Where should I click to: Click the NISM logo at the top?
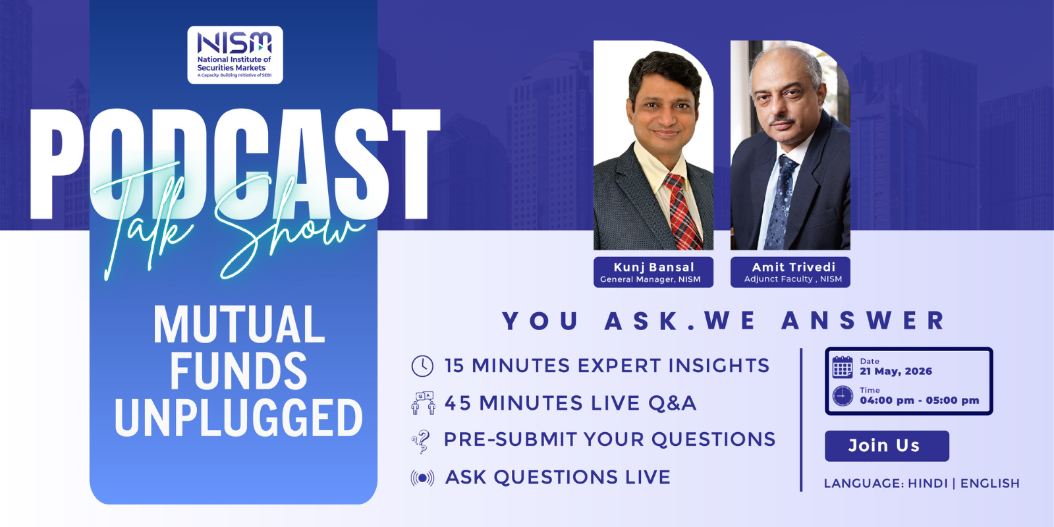point(235,55)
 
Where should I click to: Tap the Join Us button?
point(887,445)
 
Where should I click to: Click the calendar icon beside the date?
point(843,367)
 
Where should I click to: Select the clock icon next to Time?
point(843,396)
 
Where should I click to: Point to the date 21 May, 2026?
point(896,372)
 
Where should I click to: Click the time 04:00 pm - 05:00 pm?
point(920,401)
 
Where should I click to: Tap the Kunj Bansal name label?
point(653,272)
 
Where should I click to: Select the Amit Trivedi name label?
point(790,272)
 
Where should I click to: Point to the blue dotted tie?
point(781,203)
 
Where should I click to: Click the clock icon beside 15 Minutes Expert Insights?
point(422,366)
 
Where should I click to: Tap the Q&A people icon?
point(423,402)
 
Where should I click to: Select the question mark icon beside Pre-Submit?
point(421,442)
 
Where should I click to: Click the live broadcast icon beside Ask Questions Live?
point(422,478)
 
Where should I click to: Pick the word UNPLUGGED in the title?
point(238,418)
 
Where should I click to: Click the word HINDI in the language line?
point(928,484)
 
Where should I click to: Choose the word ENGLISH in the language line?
point(990,484)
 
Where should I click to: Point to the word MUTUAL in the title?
point(239,325)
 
